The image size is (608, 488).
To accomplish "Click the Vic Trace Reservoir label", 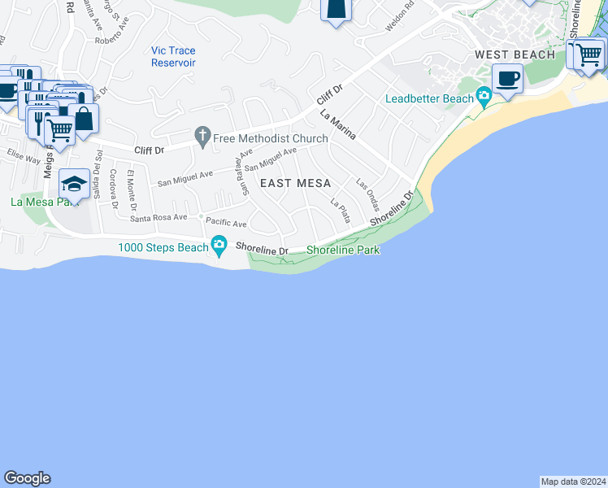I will (x=173, y=57).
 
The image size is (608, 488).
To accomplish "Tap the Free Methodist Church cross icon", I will (x=202, y=138).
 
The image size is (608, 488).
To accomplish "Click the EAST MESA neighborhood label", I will (x=295, y=184).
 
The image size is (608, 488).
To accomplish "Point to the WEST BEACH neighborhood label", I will (x=515, y=54).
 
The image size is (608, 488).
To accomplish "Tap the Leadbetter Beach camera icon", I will (x=484, y=98).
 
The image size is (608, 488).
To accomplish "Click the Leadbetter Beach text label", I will (x=429, y=98).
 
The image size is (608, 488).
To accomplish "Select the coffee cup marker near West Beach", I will (x=508, y=79).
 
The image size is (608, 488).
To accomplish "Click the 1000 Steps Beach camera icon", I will (x=219, y=244).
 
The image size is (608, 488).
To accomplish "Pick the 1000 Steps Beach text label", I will (x=163, y=247).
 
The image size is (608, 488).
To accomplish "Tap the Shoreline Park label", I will (x=343, y=251).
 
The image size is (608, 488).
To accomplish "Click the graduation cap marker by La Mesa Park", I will (x=74, y=185).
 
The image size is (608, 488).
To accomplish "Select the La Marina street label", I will (x=337, y=126).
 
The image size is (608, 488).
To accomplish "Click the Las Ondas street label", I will (x=367, y=193).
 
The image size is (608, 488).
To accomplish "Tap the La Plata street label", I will (x=340, y=211).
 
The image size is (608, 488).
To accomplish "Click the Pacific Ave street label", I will (x=226, y=223).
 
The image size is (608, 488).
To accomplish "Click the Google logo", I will (x=28, y=478).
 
